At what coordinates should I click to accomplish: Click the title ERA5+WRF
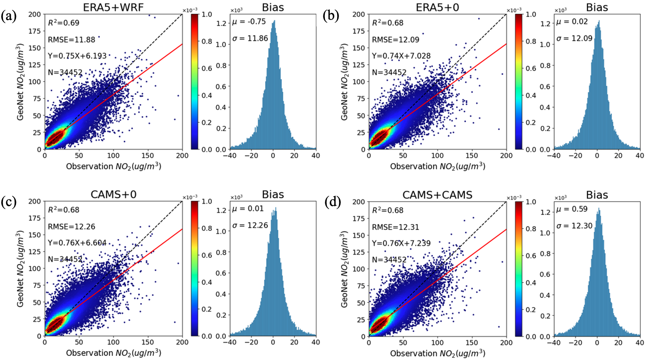click(x=113, y=7)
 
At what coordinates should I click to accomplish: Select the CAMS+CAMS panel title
click(x=437, y=195)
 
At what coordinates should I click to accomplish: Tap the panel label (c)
click(x=9, y=202)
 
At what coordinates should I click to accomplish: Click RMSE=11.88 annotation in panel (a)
click(x=71, y=39)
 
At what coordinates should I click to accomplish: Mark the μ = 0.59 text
click(x=572, y=209)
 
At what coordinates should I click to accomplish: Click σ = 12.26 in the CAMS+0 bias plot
click(x=250, y=225)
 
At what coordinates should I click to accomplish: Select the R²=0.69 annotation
click(x=64, y=23)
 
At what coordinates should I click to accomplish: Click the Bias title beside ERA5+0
click(x=597, y=7)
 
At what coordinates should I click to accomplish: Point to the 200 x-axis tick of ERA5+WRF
click(x=182, y=155)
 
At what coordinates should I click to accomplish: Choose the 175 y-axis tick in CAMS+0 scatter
click(x=35, y=218)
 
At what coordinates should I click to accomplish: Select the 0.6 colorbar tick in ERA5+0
click(x=531, y=68)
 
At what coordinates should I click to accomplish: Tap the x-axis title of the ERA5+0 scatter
click(x=437, y=166)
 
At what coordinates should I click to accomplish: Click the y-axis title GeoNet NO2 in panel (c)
click(x=20, y=269)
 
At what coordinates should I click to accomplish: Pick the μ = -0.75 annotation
click(x=249, y=22)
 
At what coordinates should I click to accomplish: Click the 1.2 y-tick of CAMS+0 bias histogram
click(x=221, y=210)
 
